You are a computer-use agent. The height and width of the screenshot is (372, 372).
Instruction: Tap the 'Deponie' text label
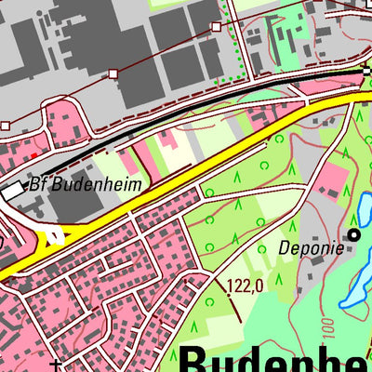coord(310,248)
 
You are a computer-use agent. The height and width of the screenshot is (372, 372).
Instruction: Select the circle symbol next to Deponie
coord(353,234)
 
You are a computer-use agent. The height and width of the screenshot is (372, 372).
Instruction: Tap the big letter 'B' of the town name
coord(196,359)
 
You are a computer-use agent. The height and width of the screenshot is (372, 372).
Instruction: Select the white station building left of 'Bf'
coord(12,190)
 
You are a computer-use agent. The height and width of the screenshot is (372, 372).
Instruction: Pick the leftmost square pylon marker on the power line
coord(5,125)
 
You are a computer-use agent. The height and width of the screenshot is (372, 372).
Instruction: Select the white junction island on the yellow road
coord(53,236)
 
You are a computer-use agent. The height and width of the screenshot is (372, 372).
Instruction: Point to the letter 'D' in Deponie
coord(285,248)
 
